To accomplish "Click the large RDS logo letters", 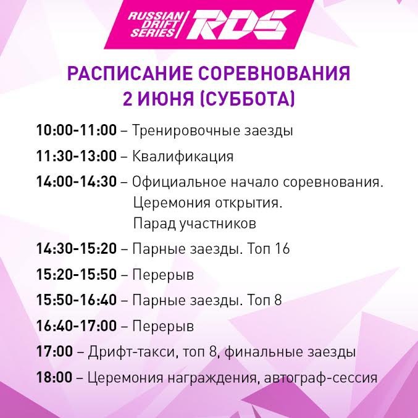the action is pyautogui.click(x=241, y=25).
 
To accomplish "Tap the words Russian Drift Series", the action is pyautogui.click(x=156, y=25).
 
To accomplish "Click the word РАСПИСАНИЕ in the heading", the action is pyautogui.click(x=130, y=73).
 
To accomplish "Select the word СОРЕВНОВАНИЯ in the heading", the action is pyautogui.click(x=274, y=73).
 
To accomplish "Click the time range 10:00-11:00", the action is pyautogui.click(x=76, y=130).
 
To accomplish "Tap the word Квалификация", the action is pyautogui.click(x=183, y=156).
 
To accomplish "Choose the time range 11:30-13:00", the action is pyautogui.click(x=76, y=156).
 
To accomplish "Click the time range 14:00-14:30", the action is pyautogui.click(x=76, y=182).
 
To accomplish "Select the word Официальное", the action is pyautogui.click(x=179, y=182).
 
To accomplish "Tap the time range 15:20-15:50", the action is pyautogui.click(x=76, y=274).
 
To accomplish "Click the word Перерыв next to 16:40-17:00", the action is pyautogui.click(x=163, y=326).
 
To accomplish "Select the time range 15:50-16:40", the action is pyautogui.click(x=76, y=299).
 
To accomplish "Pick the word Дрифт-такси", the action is pyautogui.click(x=132, y=352).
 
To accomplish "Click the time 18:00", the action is pyautogui.click(x=54, y=377).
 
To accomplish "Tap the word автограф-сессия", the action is pyautogui.click(x=320, y=378).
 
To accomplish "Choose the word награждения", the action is pyautogui.click(x=214, y=378).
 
